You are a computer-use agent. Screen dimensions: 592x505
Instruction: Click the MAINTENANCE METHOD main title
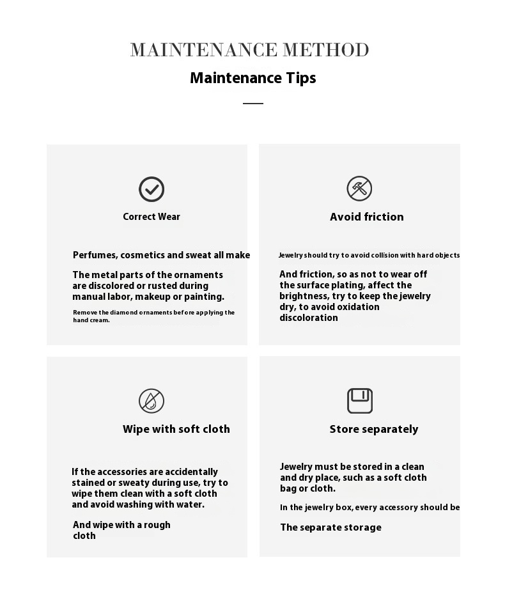click(x=249, y=50)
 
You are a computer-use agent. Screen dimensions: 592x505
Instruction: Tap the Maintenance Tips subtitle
click(x=253, y=78)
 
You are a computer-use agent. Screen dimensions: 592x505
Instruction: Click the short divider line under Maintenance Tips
click(x=253, y=103)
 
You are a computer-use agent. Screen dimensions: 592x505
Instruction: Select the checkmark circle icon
click(x=151, y=189)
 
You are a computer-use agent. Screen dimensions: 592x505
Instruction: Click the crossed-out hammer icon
click(x=359, y=189)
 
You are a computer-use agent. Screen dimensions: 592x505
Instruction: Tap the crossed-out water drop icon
click(x=151, y=401)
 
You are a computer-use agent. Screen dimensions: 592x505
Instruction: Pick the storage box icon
click(x=360, y=401)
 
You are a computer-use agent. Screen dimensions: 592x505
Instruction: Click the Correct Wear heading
click(x=151, y=217)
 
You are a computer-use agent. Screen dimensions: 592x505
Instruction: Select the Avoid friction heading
click(x=367, y=217)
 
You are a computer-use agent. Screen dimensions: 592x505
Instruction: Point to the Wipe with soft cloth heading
click(x=176, y=429)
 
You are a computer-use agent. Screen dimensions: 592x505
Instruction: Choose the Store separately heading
click(x=374, y=429)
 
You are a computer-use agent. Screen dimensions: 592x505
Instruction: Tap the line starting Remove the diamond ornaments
click(x=153, y=313)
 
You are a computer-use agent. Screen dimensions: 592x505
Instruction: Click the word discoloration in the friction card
click(x=309, y=318)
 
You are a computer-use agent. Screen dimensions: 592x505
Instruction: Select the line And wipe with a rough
click(x=121, y=525)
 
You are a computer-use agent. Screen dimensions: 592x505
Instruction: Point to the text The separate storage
click(x=330, y=527)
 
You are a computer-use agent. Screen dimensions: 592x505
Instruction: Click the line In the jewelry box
click(x=369, y=508)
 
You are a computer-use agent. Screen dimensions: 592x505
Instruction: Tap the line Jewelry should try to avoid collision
click(x=369, y=255)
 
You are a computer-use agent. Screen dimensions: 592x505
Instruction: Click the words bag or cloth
click(x=307, y=488)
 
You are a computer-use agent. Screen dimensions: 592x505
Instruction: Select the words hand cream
click(x=91, y=320)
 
